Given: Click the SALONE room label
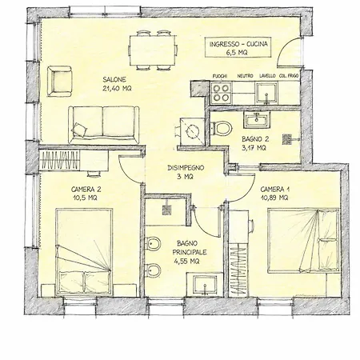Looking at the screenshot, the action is [114, 79].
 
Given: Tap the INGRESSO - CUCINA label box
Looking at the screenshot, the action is [238, 47].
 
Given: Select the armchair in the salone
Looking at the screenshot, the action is [60, 82].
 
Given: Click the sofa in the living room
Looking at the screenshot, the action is [104, 125].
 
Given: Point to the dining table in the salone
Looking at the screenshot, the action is [153, 50].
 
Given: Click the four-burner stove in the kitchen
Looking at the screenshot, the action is [222, 93].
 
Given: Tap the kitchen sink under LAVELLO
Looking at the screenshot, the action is [266, 93].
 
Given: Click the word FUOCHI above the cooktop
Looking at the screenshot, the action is [220, 76].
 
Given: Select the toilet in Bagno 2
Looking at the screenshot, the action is [222, 128].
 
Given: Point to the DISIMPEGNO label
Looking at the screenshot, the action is [186, 168].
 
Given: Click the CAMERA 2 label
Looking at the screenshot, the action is [86, 190].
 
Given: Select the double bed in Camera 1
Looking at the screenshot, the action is [304, 242].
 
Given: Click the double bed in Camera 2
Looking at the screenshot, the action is [84, 252].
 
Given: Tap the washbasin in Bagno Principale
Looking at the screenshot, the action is [205, 284].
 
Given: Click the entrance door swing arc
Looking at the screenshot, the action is [286, 47].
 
